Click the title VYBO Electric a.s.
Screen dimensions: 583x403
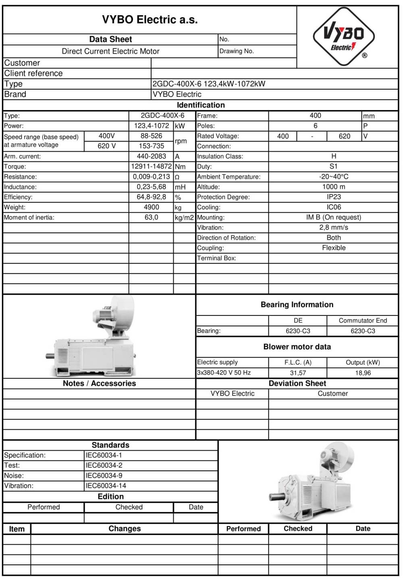[150, 20]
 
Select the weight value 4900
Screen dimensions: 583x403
[151, 207]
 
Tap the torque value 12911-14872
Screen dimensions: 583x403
[152, 166]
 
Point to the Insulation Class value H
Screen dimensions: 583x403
[333, 156]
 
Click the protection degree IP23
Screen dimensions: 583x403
[333, 197]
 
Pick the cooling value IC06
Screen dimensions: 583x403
[333, 207]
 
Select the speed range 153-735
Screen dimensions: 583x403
[151, 146]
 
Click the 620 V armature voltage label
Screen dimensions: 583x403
[106, 146]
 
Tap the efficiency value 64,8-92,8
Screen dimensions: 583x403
[151, 197]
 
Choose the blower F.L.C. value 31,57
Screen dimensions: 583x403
[298, 373]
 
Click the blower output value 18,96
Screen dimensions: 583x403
[363, 373]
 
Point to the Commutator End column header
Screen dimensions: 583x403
[363, 320]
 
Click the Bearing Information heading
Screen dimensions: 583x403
[297, 305]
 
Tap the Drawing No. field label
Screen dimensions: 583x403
[237, 51]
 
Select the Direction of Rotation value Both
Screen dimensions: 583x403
[333, 238]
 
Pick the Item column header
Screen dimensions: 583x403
[17, 529]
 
